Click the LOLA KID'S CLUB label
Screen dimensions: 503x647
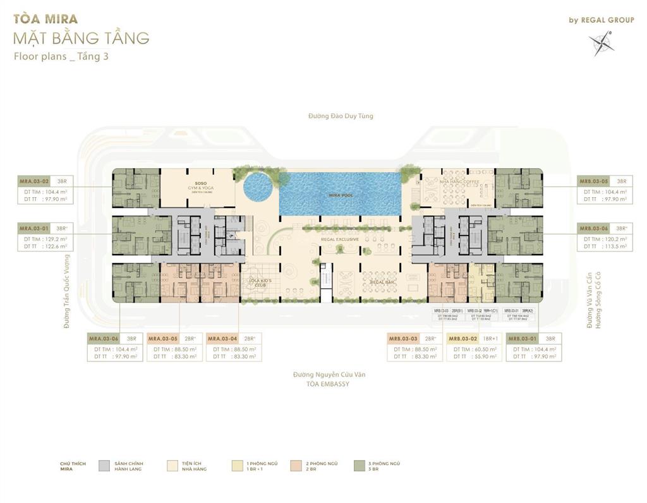click(260, 281)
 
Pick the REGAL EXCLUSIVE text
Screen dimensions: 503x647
click(339, 239)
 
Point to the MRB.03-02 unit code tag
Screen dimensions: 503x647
click(463, 338)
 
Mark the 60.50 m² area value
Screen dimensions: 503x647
click(477, 349)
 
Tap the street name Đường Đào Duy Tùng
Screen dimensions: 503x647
click(341, 116)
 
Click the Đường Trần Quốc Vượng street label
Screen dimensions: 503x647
click(66, 291)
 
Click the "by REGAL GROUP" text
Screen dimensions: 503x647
click(601, 20)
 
